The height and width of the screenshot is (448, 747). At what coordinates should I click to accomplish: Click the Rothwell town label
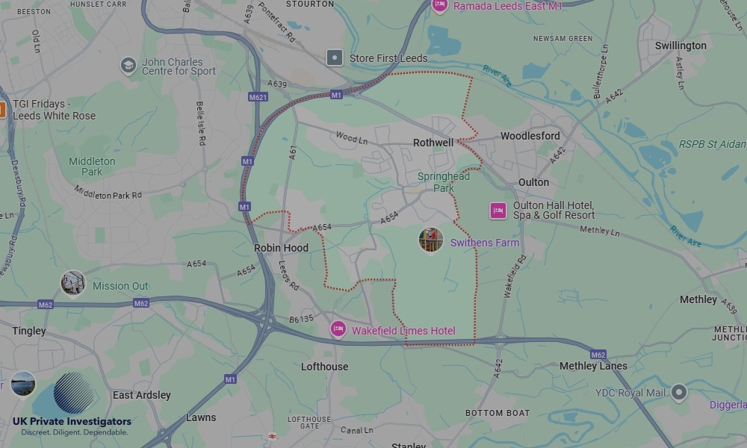[x=433, y=143]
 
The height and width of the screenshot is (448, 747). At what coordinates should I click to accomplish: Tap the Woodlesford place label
[x=530, y=136]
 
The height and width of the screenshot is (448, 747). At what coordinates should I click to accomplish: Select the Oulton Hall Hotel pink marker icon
[x=498, y=211]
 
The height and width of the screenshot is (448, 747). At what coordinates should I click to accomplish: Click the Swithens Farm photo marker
[x=431, y=240]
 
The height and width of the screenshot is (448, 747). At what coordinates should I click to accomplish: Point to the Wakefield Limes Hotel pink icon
[x=338, y=329]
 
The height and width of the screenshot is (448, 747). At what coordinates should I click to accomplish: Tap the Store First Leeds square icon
[x=335, y=57]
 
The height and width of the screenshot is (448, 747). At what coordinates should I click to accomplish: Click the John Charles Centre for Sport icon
[x=128, y=66]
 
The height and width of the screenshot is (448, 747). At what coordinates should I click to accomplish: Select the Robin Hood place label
[x=281, y=248]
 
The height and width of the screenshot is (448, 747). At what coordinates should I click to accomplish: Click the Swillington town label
[x=681, y=46]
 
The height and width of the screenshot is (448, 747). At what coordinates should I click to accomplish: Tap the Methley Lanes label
[x=593, y=366]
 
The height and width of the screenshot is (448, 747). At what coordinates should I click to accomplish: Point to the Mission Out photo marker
[x=72, y=283]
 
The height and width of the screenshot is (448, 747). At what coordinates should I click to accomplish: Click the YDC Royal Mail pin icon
[x=678, y=391]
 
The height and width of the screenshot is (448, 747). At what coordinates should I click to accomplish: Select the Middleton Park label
[x=92, y=167]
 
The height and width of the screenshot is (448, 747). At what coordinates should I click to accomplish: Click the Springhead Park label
[x=444, y=182]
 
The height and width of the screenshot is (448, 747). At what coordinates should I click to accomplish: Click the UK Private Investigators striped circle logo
[x=74, y=393]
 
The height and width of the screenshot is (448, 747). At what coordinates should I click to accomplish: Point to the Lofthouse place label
[x=324, y=367]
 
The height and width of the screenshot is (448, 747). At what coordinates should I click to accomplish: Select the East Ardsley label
[x=142, y=395]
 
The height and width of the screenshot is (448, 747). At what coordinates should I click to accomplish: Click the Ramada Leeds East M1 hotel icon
[x=440, y=6]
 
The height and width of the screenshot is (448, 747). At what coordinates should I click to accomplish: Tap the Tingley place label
[x=29, y=331]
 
